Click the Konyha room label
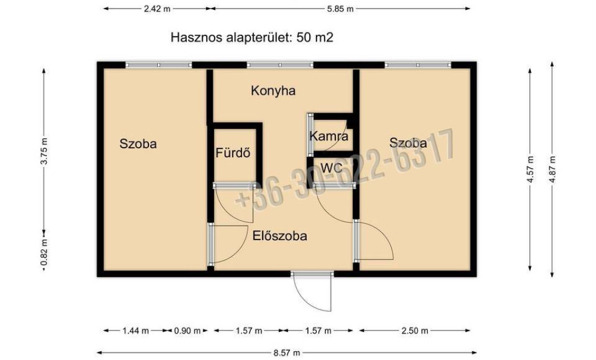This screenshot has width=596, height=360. tap(273, 91)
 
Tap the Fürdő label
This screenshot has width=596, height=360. tap(233, 152)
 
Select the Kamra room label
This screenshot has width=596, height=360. tap(329, 136)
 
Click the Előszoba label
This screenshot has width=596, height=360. tap(280, 236)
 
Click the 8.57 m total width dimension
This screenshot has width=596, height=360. tap(286, 353)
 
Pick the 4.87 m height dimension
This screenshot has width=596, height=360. tap(552, 170)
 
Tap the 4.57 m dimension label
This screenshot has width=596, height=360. tap(530, 170)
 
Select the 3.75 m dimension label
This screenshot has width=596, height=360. tap(44, 151)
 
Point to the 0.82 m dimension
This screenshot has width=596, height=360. tap(44, 252)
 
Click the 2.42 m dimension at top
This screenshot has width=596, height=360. tap(157, 9)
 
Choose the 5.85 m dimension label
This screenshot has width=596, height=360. tap(340, 9)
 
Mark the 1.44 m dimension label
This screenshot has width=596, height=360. tap(136, 331)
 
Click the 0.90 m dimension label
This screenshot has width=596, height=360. tap(187, 331)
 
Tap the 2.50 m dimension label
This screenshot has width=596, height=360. tap(414, 331)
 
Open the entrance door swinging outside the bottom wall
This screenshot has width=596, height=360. tap(313, 291)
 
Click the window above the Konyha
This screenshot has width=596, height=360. tap(280, 65)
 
